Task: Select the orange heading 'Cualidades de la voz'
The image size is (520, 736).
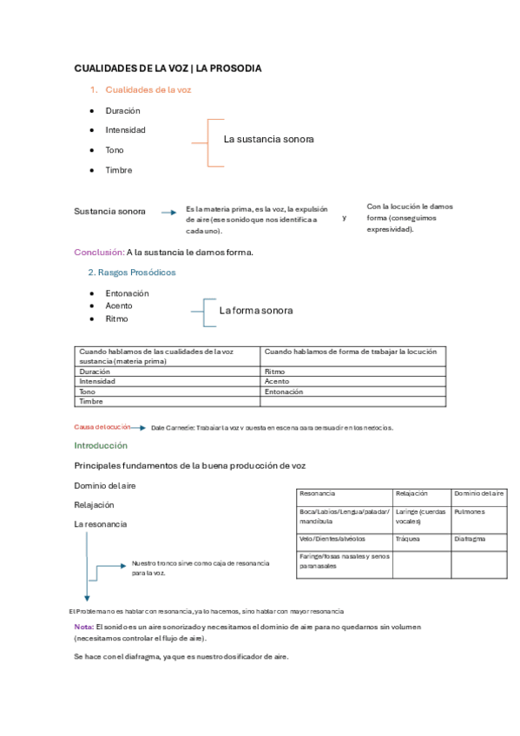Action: point(148,89)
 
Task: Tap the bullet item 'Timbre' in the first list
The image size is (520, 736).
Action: point(119,170)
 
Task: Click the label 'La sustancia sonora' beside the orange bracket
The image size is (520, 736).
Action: point(268,139)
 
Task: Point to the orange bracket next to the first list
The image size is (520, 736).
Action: point(207,142)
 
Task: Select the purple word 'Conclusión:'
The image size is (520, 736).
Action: point(98,253)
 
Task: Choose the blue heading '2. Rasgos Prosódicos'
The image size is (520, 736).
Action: point(132,273)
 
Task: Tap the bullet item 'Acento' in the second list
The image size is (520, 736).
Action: point(120,306)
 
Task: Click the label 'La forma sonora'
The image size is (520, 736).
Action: point(256,310)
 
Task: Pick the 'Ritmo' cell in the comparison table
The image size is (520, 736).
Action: point(274,371)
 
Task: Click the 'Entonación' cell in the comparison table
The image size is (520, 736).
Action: point(284,391)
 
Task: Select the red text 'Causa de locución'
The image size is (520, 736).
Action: point(102,427)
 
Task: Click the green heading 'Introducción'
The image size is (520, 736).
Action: point(101,445)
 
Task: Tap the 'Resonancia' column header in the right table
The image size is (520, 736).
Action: point(318,494)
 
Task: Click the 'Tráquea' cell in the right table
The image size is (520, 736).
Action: point(408,538)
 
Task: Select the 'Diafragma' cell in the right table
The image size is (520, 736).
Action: point(471,538)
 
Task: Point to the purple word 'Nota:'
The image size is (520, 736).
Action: point(84,627)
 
